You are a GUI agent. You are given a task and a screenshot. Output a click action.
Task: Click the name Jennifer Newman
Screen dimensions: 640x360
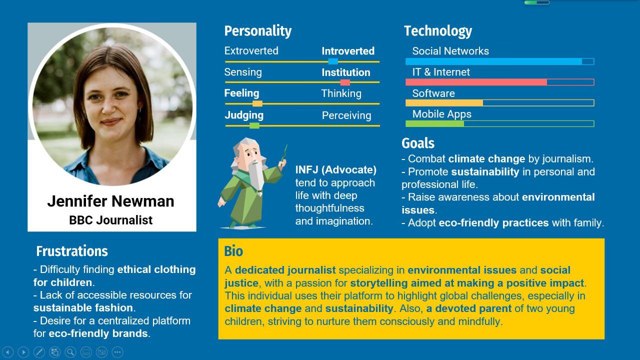point(110,201)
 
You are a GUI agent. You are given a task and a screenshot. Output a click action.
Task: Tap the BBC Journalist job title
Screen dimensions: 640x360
point(110,220)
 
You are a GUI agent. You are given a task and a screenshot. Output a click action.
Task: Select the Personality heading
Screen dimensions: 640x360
point(257,31)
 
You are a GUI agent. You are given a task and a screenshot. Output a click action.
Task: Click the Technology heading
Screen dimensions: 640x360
point(437,31)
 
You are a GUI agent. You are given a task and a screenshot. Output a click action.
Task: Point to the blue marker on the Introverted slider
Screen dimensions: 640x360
point(333,61)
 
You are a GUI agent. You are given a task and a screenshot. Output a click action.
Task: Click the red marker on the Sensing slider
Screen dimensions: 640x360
point(345,82)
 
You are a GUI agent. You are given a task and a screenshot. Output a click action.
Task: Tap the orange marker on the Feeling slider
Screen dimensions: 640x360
point(257,103)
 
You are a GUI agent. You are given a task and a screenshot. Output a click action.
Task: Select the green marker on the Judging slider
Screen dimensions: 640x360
point(254,125)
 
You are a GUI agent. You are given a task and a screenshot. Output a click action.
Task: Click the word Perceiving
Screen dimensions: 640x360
point(346,115)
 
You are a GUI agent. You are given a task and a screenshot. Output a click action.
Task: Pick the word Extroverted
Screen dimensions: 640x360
point(251,51)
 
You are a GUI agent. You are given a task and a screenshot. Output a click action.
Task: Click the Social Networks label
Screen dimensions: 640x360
point(450,51)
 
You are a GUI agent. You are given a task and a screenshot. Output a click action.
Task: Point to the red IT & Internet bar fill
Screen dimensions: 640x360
point(476,82)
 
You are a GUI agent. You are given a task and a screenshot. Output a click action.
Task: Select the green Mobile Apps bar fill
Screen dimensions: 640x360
point(435,123)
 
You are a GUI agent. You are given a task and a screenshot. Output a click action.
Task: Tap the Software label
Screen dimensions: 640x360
point(433,93)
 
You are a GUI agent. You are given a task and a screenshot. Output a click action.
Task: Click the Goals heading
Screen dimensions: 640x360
point(418,143)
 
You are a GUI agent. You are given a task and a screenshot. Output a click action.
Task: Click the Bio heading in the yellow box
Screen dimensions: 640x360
point(233,251)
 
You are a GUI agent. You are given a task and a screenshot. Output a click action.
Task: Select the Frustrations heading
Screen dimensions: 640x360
point(72,251)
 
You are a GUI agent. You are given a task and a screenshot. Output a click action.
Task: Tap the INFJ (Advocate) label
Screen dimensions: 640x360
point(335,169)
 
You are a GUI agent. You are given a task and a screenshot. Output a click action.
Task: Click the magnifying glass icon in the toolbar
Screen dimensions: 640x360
point(70,352)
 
